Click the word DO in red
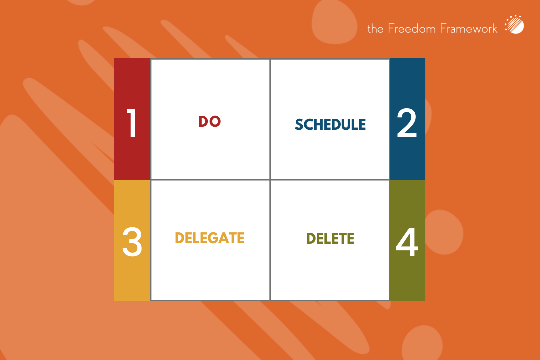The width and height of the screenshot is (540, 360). (210, 121)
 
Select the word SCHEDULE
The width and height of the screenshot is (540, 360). (330, 124)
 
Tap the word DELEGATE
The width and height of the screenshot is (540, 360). (209, 238)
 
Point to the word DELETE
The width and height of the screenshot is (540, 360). (330, 239)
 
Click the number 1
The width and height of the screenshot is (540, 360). (132, 124)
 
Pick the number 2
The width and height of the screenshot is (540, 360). (407, 124)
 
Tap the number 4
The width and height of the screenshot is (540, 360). (407, 243)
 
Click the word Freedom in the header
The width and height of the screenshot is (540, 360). (405, 28)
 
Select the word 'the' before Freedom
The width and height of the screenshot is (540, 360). (375, 29)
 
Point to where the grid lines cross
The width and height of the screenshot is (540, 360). (270, 179)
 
